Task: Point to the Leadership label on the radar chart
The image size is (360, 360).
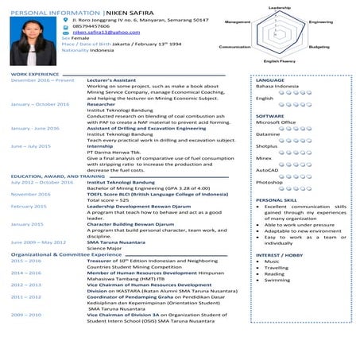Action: click(280, 6)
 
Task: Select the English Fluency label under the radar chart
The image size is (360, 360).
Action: click(280, 61)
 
